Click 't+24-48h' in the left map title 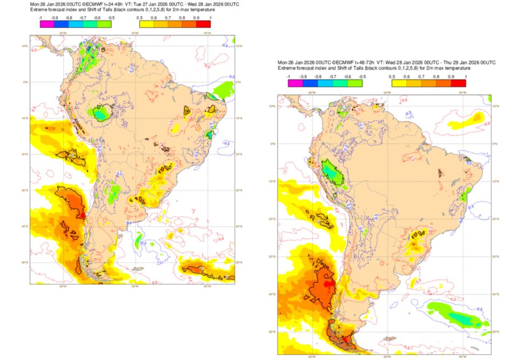click(x=112, y=4)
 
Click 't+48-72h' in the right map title click(x=361, y=63)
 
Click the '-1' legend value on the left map click(x=41, y=17)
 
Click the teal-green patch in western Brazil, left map click(x=100, y=113)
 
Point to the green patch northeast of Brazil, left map click(x=222, y=89)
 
